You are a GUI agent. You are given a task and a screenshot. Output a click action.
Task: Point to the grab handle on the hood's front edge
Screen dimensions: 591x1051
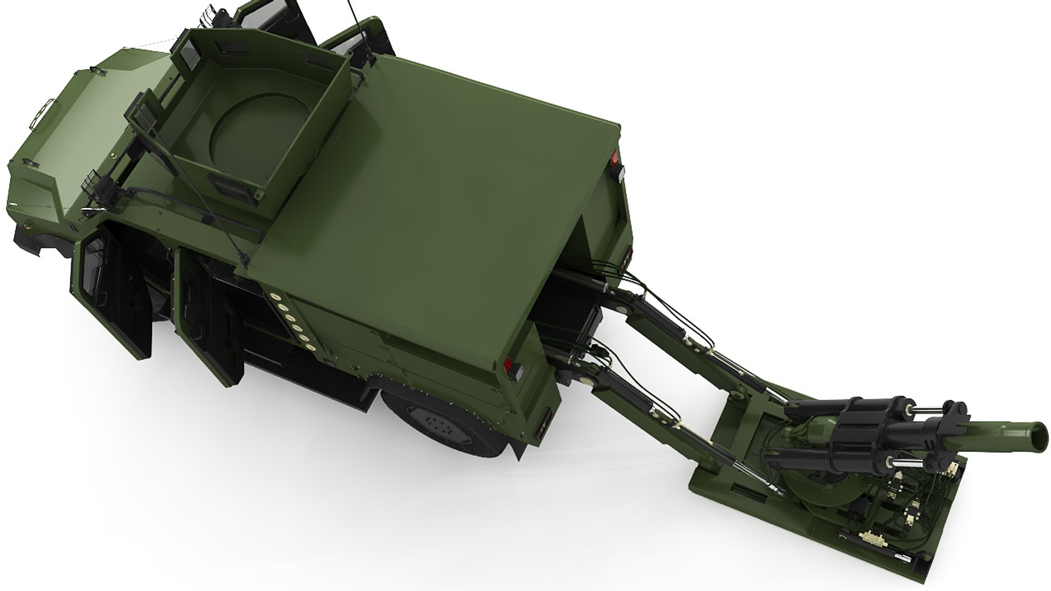(x=46, y=113)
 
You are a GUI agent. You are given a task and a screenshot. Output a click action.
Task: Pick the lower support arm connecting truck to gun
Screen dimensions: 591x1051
(x=657, y=416)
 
